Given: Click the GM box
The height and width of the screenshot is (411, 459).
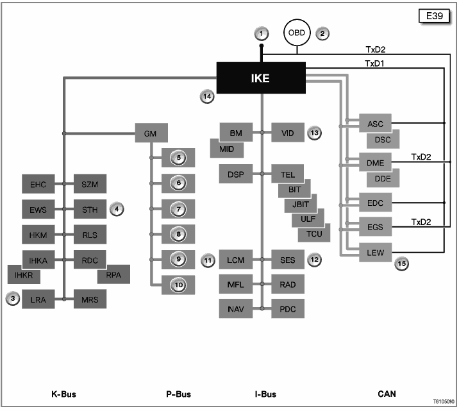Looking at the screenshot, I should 151,133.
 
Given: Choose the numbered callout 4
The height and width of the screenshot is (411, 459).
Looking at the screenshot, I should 116,208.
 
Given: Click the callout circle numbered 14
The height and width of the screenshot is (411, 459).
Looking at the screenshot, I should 206,96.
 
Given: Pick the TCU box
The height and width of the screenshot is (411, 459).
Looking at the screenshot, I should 314,233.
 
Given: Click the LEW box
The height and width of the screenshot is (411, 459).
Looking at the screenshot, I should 375,253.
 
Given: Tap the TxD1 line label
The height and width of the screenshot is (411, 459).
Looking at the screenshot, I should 376,63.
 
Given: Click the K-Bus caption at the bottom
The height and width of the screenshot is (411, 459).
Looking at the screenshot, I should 64,394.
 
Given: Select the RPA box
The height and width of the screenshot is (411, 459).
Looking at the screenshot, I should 113,274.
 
